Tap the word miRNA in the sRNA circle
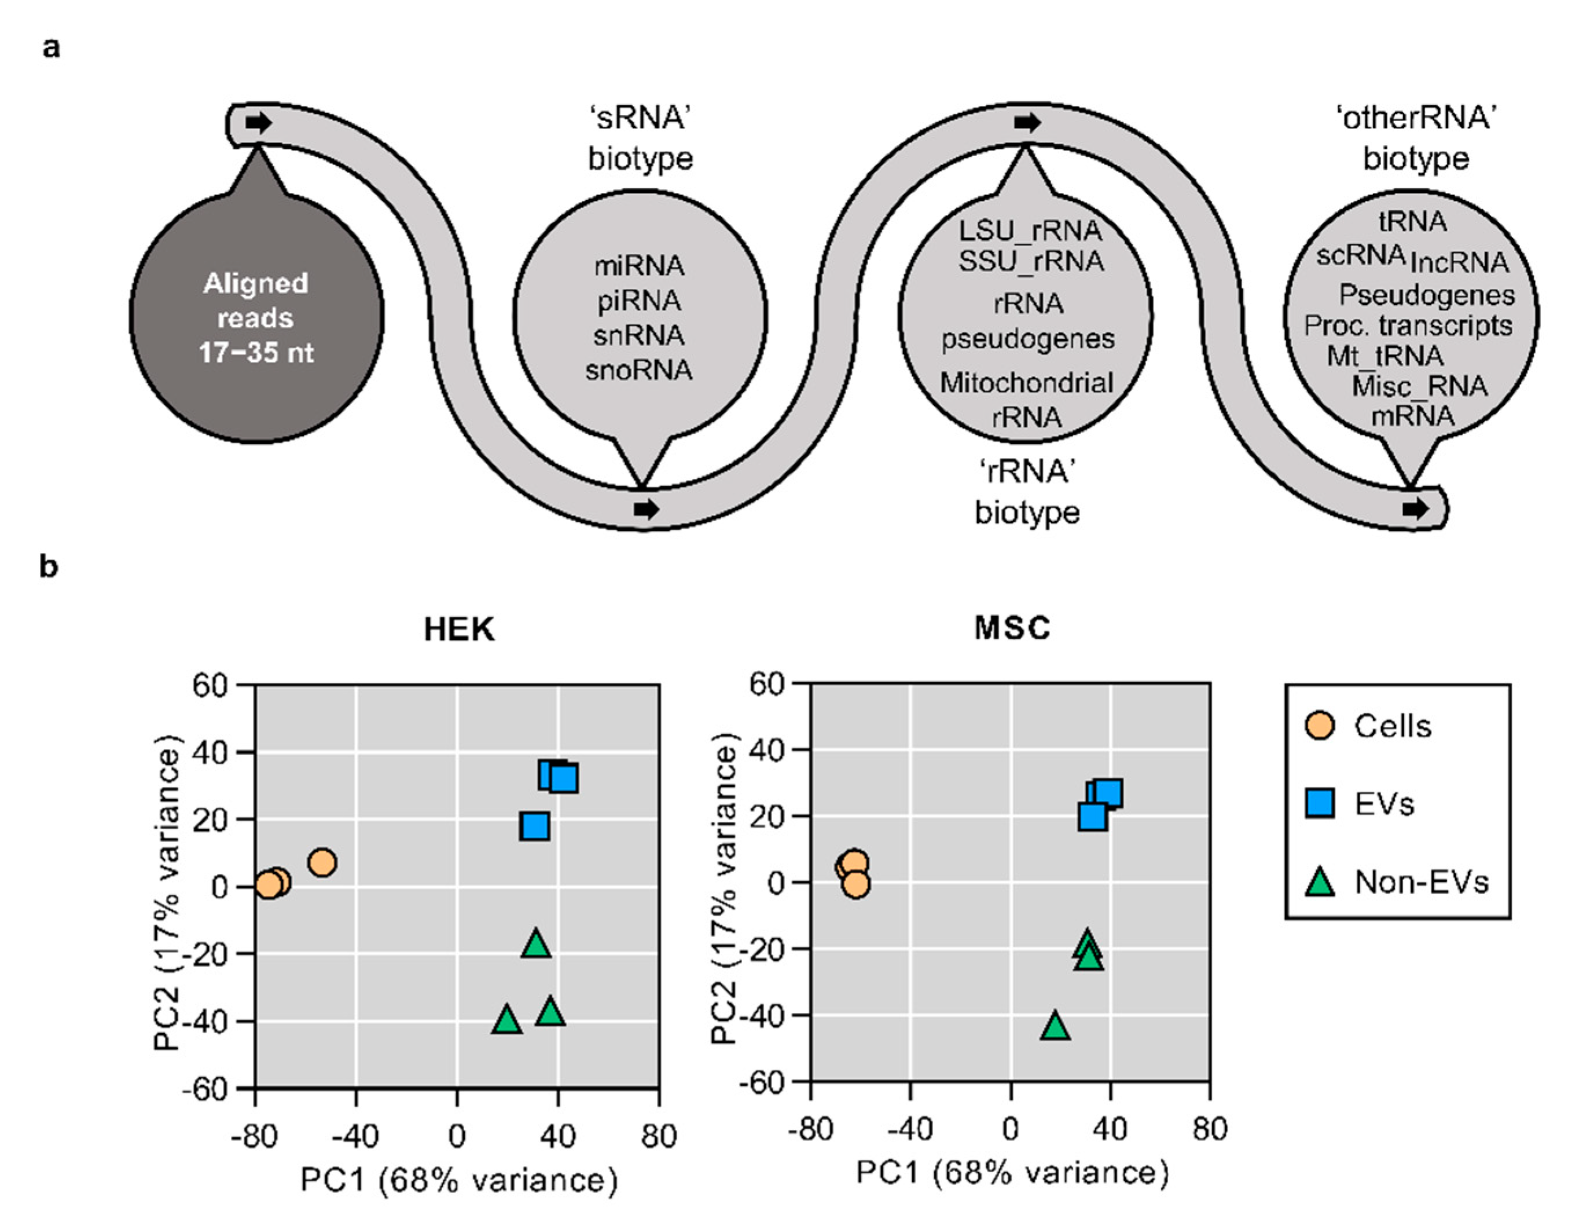click(639, 266)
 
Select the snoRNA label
click(639, 370)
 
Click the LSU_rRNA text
click(1030, 230)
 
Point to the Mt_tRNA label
click(1385, 356)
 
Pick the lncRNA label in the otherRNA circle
click(1460, 262)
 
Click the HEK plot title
click(459, 630)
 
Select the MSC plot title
click(1012, 628)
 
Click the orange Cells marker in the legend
click(1320, 726)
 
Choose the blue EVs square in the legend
click(1320, 804)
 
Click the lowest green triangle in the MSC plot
click(1056, 1026)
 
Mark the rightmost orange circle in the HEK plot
click(322, 862)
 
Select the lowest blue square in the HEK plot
click(534, 826)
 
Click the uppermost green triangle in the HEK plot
click(536, 944)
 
